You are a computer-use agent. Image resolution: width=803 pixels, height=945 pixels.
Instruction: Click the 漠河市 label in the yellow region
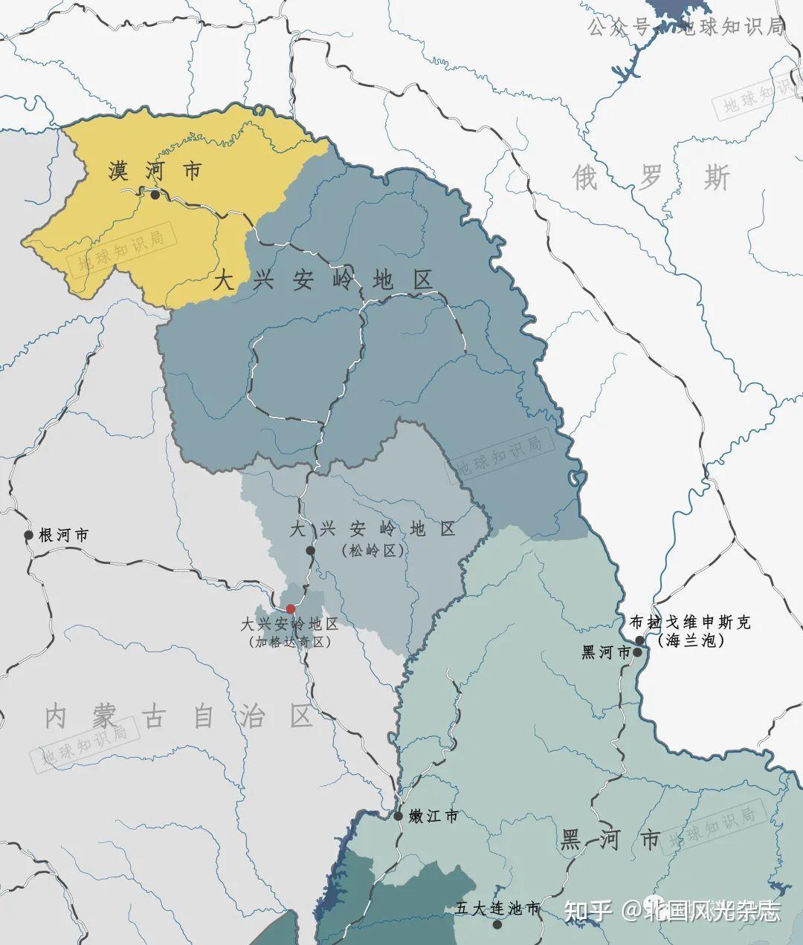(x=155, y=172)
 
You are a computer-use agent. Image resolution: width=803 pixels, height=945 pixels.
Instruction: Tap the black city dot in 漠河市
(x=155, y=195)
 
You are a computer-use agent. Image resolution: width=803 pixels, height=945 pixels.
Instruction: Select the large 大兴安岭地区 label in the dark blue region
(x=323, y=281)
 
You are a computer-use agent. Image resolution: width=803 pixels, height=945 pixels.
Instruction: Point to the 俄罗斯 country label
(x=651, y=178)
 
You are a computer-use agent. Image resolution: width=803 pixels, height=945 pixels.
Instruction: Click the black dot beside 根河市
(x=29, y=535)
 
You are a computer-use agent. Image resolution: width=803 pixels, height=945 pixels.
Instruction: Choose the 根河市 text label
(x=64, y=535)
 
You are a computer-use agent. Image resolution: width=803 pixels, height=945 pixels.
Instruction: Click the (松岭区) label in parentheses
(x=372, y=551)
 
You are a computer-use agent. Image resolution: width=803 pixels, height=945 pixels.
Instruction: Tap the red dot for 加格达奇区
(x=291, y=608)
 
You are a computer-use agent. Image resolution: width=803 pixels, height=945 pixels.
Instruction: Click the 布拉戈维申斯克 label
(x=690, y=622)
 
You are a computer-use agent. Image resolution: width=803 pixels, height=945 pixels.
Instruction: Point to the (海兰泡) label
(x=691, y=640)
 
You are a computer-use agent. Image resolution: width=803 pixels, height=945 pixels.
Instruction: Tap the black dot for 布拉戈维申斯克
(x=639, y=640)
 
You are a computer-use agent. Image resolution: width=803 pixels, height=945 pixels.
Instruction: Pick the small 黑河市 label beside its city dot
(x=605, y=652)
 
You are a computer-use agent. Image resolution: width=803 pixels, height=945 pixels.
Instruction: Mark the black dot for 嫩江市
(x=399, y=816)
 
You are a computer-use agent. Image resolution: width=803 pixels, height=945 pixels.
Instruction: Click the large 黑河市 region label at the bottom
(x=609, y=840)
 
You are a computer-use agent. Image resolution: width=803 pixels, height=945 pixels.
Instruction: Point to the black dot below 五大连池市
(x=497, y=924)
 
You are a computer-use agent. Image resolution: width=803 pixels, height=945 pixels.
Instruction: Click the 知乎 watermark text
(x=587, y=911)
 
